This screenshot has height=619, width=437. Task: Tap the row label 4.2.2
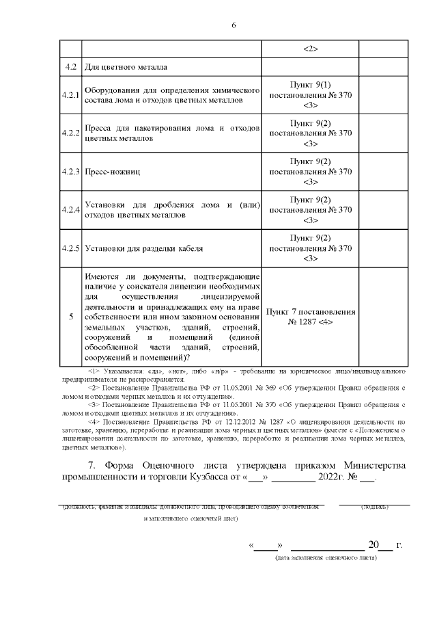tap(70, 133)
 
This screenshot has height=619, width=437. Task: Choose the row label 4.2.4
tap(70, 209)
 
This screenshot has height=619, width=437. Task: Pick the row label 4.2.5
tap(70, 248)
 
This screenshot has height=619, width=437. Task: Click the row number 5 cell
tap(71, 317)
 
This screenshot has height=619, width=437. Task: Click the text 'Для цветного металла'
tap(125, 68)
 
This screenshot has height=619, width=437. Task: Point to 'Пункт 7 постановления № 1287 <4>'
tap(311, 316)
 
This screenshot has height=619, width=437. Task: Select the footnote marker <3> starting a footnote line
tap(94, 406)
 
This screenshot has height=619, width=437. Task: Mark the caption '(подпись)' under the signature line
tap(374, 508)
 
